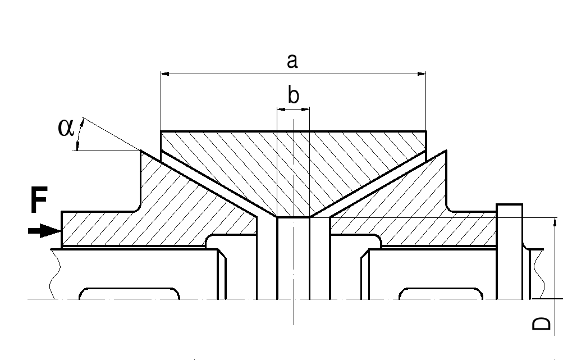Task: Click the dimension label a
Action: click(x=292, y=61)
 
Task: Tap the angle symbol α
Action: click(x=66, y=128)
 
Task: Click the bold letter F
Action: click(x=39, y=202)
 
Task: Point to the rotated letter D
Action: click(x=541, y=324)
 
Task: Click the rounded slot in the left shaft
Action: click(x=130, y=294)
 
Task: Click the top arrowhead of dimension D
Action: click(x=555, y=222)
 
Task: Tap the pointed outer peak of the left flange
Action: click(x=141, y=151)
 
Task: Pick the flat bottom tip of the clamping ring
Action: click(x=293, y=216)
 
